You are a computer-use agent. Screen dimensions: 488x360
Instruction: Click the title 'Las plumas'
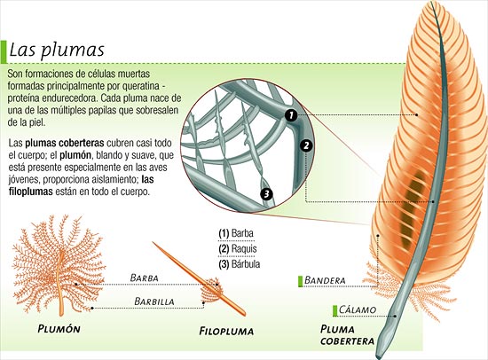coord(57,50)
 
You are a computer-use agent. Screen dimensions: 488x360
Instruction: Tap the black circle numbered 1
coord(291,116)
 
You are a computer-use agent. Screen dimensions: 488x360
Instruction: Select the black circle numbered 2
coord(306,145)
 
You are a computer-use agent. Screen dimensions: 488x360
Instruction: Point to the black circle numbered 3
coord(266,194)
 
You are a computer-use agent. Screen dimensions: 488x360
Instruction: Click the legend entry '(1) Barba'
coord(236,233)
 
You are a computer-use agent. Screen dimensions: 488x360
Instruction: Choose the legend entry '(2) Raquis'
coord(238,248)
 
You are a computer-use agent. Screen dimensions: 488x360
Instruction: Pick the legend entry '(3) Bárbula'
coord(240,264)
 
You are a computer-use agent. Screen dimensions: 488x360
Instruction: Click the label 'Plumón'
coord(59,329)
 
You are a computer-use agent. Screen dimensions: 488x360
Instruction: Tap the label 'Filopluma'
coord(226,331)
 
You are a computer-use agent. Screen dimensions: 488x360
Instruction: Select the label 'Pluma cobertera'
coord(347,335)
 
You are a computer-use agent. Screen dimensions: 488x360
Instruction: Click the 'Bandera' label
coord(325,280)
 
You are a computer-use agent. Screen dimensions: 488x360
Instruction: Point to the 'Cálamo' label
coord(358,310)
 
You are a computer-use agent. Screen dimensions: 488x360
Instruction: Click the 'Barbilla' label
coord(154,301)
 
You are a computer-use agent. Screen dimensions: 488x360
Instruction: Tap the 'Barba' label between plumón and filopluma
coord(144,278)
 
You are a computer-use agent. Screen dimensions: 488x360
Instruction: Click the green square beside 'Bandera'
coord(300,281)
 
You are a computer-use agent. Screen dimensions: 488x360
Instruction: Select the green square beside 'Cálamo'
coord(335,311)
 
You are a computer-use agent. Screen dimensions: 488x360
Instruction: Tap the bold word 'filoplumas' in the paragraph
coord(30,192)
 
